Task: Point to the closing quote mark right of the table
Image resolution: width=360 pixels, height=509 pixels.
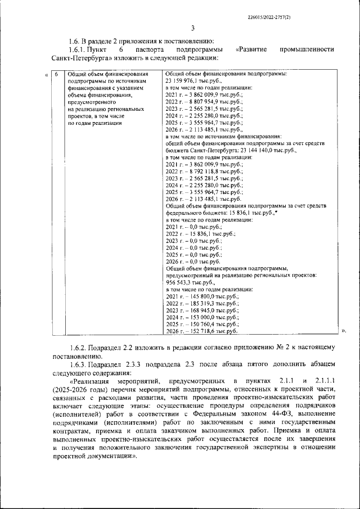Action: pos(343,332)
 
